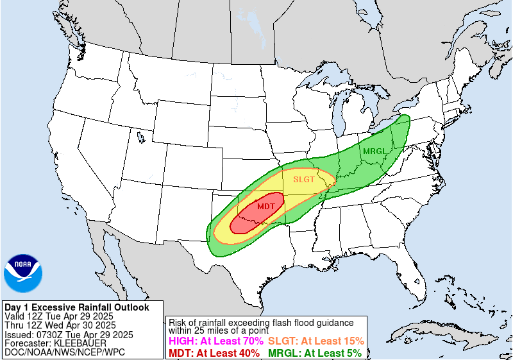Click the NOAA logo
(x=23, y=273)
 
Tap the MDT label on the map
(x=266, y=207)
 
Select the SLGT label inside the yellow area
(x=304, y=179)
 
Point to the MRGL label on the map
(x=374, y=151)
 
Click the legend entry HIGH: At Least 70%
(x=214, y=341)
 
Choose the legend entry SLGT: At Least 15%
(x=316, y=341)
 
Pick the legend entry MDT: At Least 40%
(x=214, y=352)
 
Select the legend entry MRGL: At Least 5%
(x=314, y=352)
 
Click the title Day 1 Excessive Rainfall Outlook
(x=76, y=307)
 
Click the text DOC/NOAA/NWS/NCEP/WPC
(x=65, y=352)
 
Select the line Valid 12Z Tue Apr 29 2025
(x=59, y=316)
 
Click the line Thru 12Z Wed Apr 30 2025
(x=60, y=325)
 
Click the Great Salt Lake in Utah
(x=140, y=136)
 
